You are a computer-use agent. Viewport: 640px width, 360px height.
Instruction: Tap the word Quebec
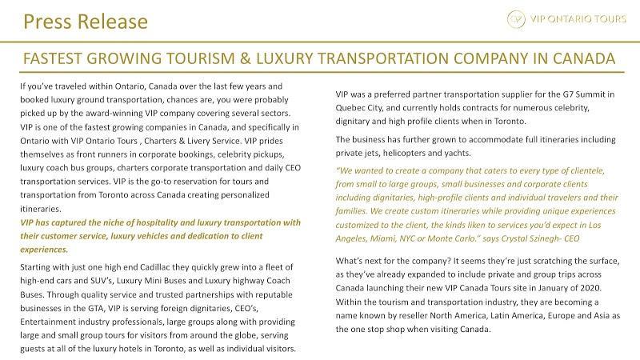[x=353, y=107]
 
